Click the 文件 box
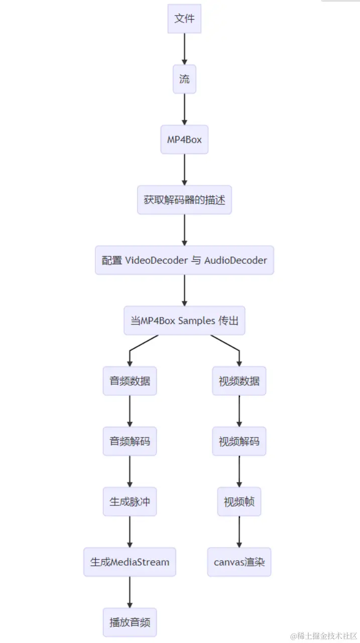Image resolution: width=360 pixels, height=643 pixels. [184, 19]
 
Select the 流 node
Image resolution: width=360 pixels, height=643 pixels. [184, 79]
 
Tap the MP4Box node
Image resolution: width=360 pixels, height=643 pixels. [184, 140]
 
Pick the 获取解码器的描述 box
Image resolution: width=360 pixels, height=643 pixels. [184, 200]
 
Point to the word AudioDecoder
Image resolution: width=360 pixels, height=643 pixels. [235, 260]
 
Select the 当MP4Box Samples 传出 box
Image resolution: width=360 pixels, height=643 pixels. [184, 320]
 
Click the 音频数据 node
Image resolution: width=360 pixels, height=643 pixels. [130, 381]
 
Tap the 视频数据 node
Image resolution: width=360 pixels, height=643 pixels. [239, 381]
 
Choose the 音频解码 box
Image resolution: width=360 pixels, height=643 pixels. [130, 442]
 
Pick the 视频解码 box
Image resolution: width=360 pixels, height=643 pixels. [239, 442]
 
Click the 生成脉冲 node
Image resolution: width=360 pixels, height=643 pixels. [130, 502]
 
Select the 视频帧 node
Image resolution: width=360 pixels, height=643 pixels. [239, 502]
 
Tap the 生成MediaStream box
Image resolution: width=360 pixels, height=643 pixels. [130, 562]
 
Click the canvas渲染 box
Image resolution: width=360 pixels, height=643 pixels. [239, 562]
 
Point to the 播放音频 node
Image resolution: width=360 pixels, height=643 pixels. [130, 622]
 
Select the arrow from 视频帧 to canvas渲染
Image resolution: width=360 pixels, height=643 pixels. [239, 531]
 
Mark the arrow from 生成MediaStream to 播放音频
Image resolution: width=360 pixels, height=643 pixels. [130, 592]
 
